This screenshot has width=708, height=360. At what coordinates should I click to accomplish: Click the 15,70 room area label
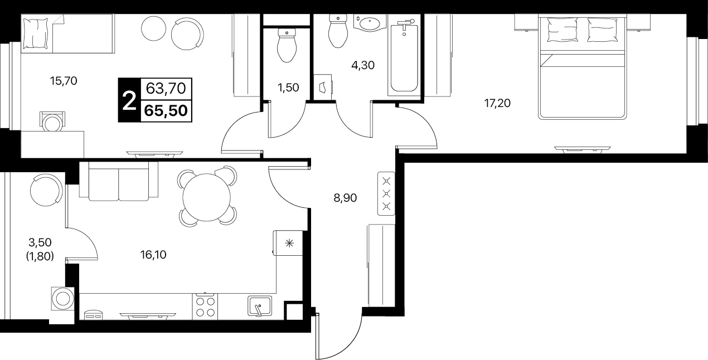(64, 81)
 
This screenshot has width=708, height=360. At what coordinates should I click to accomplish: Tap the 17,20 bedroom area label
(497, 103)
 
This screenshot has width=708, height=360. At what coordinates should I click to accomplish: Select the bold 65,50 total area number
(166, 111)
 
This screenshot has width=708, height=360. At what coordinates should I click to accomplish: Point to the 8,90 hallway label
(345, 198)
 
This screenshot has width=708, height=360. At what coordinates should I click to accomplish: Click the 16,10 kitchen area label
(153, 255)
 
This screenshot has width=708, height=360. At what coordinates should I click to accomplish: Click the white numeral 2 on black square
(129, 100)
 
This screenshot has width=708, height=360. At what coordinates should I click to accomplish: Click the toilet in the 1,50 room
(287, 45)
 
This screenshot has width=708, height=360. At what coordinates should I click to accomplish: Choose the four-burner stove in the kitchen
(205, 307)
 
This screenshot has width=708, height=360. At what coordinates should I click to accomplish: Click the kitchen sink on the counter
(260, 305)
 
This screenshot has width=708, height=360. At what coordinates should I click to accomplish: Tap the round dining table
(207, 197)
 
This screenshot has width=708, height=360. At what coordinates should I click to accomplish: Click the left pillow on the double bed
(562, 30)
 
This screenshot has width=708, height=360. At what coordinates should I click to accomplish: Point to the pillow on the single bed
(36, 33)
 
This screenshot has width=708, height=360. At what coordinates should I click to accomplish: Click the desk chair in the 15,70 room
(52, 121)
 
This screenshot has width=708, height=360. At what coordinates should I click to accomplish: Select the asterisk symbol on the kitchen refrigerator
(289, 243)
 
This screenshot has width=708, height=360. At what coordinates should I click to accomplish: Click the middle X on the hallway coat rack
(386, 193)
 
